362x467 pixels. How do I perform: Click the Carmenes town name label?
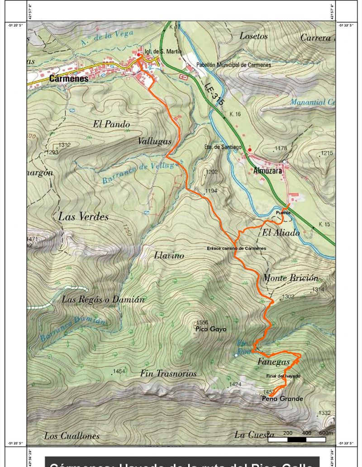pyautogui.click(x=68, y=78)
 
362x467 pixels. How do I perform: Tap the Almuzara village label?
pyautogui.click(x=267, y=172)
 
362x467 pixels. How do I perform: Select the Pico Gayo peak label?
pyautogui.click(x=211, y=329)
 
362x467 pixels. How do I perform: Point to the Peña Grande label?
pyautogui.click(x=282, y=399)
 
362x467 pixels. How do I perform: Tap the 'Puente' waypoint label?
pyautogui.click(x=283, y=212)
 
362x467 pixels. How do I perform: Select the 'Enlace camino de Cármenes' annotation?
pyautogui.click(x=236, y=248)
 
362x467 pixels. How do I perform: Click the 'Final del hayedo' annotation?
pyautogui.click(x=283, y=376)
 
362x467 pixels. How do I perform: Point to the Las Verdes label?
pyautogui.click(x=83, y=216)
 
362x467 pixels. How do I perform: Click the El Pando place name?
pyautogui.click(x=111, y=124)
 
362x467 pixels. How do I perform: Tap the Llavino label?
pyautogui.click(x=169, y=256)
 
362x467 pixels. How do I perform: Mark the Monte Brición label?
pyautogui.click(x=291, y=278)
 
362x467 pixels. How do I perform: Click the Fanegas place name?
pyautogui.click(x=273, y=362)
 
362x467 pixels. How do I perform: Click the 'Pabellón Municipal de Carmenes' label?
pyautogui.click(x=233, y=65)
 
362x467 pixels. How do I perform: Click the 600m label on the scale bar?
pyautogui.click(x=325, y=433)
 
